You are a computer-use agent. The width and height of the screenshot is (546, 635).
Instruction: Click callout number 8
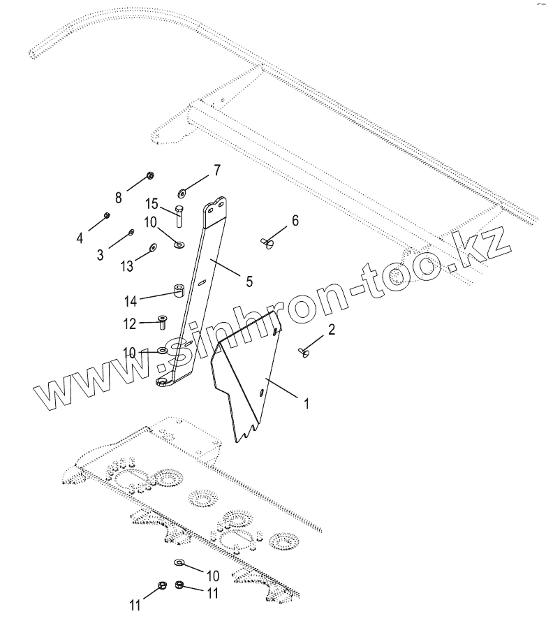118,198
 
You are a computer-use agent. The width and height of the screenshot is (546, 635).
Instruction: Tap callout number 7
217,170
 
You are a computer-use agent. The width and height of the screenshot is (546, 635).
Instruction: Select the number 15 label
152,204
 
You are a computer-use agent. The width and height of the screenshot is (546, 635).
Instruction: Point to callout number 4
80,238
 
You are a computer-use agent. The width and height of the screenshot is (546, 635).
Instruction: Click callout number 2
332,330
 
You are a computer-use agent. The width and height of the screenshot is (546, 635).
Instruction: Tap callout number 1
304,402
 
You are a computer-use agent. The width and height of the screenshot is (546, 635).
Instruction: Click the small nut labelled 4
107,214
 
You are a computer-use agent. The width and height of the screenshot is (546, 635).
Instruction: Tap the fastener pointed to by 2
304,353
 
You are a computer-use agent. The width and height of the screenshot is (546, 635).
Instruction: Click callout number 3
100,254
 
